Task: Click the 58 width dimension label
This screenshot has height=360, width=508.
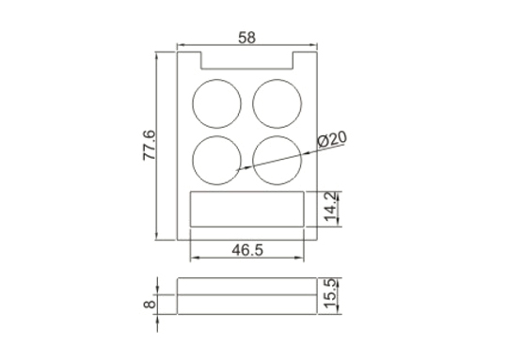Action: (246, 38)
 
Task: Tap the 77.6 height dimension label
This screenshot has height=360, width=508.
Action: (150, 145)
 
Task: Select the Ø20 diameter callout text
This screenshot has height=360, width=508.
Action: (332, 139)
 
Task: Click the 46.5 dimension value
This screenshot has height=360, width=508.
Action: (247, 250)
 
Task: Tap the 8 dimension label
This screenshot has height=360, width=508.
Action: (150, 305)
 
